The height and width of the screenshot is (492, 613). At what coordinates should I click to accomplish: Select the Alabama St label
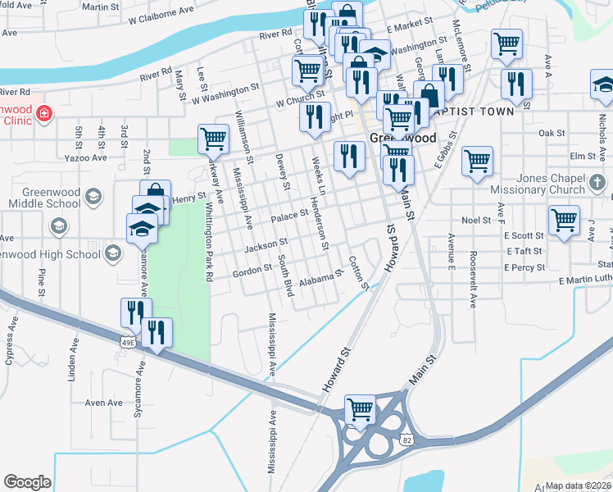(319, 279)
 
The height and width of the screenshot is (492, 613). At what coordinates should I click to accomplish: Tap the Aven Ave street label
(104, 403)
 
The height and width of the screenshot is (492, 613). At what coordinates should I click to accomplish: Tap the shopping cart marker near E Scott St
(564, 220)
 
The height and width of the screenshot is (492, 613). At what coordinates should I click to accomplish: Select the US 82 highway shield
(405, 440)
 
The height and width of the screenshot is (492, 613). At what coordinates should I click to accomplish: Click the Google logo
(27, 482)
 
